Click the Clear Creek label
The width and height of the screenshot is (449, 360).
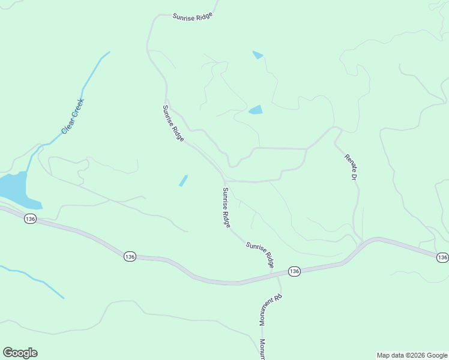tap(73, 116)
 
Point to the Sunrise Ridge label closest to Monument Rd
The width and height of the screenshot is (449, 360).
tap(260, 254)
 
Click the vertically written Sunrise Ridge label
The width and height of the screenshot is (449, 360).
tap(226, 207)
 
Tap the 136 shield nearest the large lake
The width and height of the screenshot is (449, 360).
tap(31, 220)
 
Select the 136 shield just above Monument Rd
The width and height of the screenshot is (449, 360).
tap(294, 271)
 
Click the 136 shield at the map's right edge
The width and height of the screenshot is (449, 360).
tap(442, 257)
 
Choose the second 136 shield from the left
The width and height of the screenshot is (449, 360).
tap(130, 256)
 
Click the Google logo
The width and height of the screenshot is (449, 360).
tap(20, 353)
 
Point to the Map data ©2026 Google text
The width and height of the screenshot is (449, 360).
tap(412, 355)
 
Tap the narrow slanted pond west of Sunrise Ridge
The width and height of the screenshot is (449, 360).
tap(183, 181)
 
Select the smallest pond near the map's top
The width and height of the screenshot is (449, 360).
tap(258, 55)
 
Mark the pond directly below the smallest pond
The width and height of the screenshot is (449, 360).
tap(256, 110)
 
